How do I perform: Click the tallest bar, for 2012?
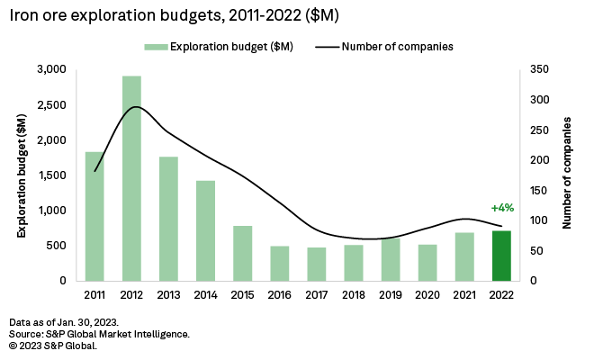(x=131, y=178)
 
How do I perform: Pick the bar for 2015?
(x=243, y=253)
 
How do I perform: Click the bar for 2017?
(x=317, y=264)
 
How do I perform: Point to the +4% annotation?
(x=502, y=208)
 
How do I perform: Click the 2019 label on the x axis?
(x=391, y=294)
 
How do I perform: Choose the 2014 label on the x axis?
(x=206, y=294)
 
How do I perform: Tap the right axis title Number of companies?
(x=569, y=175)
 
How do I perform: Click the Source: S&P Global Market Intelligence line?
(x=99, y=334)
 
